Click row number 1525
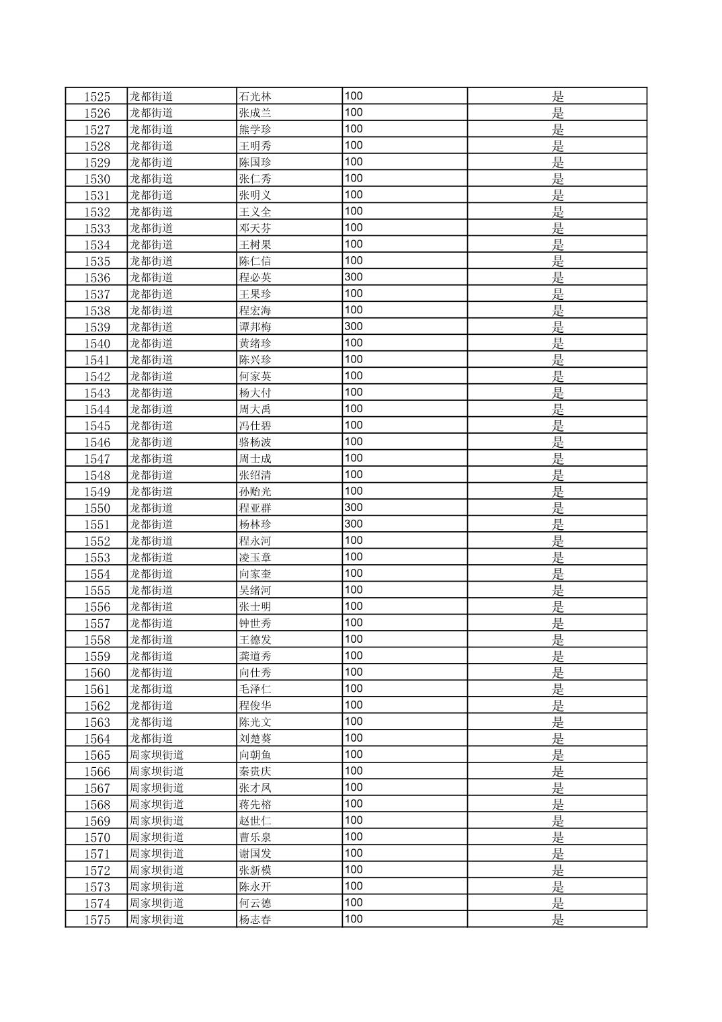[x=97, y=97]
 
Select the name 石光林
[x=255, y=97]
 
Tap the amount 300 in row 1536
[x=354, y=277]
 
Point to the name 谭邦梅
[x=255, y=327]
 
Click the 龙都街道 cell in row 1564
[x=151, y=739]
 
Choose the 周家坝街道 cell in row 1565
[x=157, y=755]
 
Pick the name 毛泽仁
[x=255, y=689]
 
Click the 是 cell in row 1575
[x=557, y=920]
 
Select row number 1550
[x=97, y=508]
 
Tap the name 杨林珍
[x=255, y=524]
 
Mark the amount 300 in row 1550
[x=354, y=508]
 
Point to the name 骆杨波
[x=255, y=442]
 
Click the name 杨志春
[x=255, y=920]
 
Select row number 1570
[x=97, y=838]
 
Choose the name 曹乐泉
[x=255, y=838]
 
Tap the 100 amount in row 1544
[x=354, y=409]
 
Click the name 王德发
[x=255, y=640]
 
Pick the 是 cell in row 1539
[x=557, y=327]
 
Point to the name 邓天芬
[x=255, y=229]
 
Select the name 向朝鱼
[x=255, y=755]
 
